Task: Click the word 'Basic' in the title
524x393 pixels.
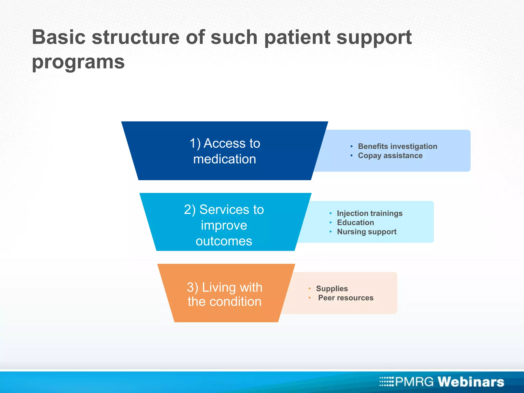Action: [x=59, y=37]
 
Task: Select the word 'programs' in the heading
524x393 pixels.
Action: [x=78, y=62]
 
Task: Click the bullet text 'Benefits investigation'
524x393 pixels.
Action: [x=397, y=146]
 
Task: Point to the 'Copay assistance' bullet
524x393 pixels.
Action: [x=390, y=156]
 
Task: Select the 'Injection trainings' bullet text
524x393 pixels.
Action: [x=369, y=213]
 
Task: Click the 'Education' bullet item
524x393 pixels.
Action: [x=355, y=223]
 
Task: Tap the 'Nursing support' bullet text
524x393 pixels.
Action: [x=366, y=232]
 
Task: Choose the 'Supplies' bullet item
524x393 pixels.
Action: [x=332, y=289]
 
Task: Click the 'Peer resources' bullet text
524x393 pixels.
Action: [x=346, y=298]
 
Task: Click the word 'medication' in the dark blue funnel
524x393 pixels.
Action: [x=225, y=159]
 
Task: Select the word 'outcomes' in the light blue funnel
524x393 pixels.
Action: [x=224, y=241]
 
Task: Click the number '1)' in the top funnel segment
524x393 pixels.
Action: [x=195, y=144]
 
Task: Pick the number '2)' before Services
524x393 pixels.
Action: [x=190, y=210]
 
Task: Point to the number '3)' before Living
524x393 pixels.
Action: [x=192, y=287]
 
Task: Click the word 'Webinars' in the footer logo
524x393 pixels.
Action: [x=471, y=382]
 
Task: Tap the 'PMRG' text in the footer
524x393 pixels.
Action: [x=414, y=382]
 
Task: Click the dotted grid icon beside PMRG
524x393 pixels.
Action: [x=386, y=381]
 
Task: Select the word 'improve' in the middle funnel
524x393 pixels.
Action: [x=224, y=225]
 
